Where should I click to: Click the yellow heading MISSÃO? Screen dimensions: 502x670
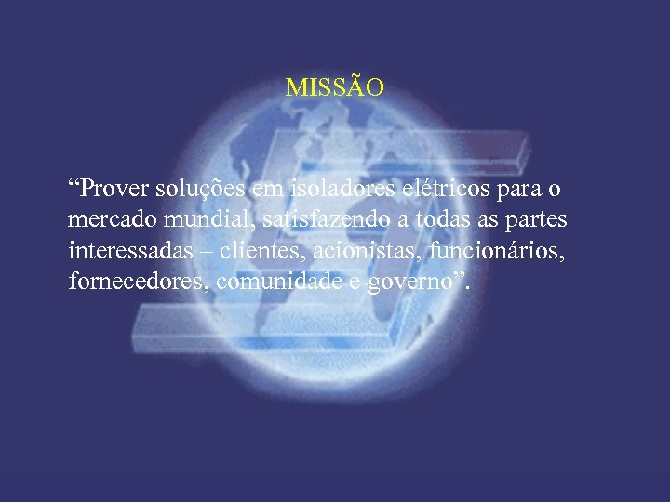coord(334,88)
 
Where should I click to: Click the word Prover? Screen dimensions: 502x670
coord(111,191)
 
